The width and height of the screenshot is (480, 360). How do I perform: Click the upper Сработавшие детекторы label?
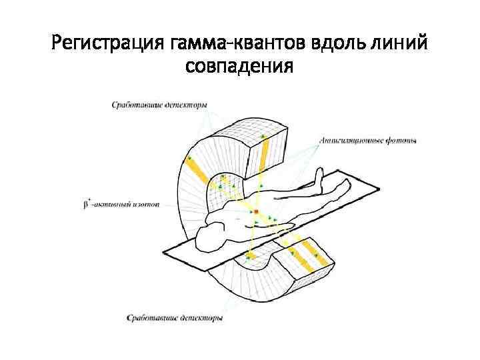(159, 105)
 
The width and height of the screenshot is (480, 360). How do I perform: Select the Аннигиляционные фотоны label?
(368, 141)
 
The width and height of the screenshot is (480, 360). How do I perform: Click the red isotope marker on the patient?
(256, 211)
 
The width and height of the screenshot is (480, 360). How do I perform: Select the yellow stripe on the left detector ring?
(198, 167)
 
